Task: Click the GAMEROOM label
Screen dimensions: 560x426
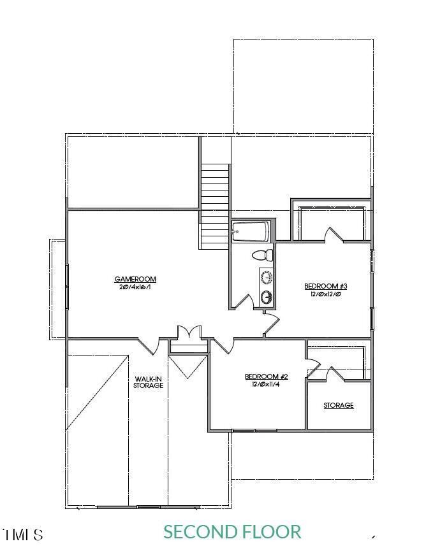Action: [x=135, y=279]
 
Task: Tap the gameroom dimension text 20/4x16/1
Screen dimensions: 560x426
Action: [x=135, y=287]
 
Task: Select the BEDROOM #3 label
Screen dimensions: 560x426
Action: [x=325, y=286]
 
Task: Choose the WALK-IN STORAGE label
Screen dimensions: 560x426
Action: [x=148, y=382]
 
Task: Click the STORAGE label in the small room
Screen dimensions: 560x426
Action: [x=338, y=405]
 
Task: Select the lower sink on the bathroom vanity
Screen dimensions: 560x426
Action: [x=267, y=297]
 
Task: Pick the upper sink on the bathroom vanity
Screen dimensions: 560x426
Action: [x=267, y=276]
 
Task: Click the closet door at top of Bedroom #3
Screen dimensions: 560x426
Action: [x=333, y=235]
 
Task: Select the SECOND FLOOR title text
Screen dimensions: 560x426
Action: [x=232, y=531]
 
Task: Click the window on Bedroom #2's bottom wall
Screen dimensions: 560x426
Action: [x=255, y=431]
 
